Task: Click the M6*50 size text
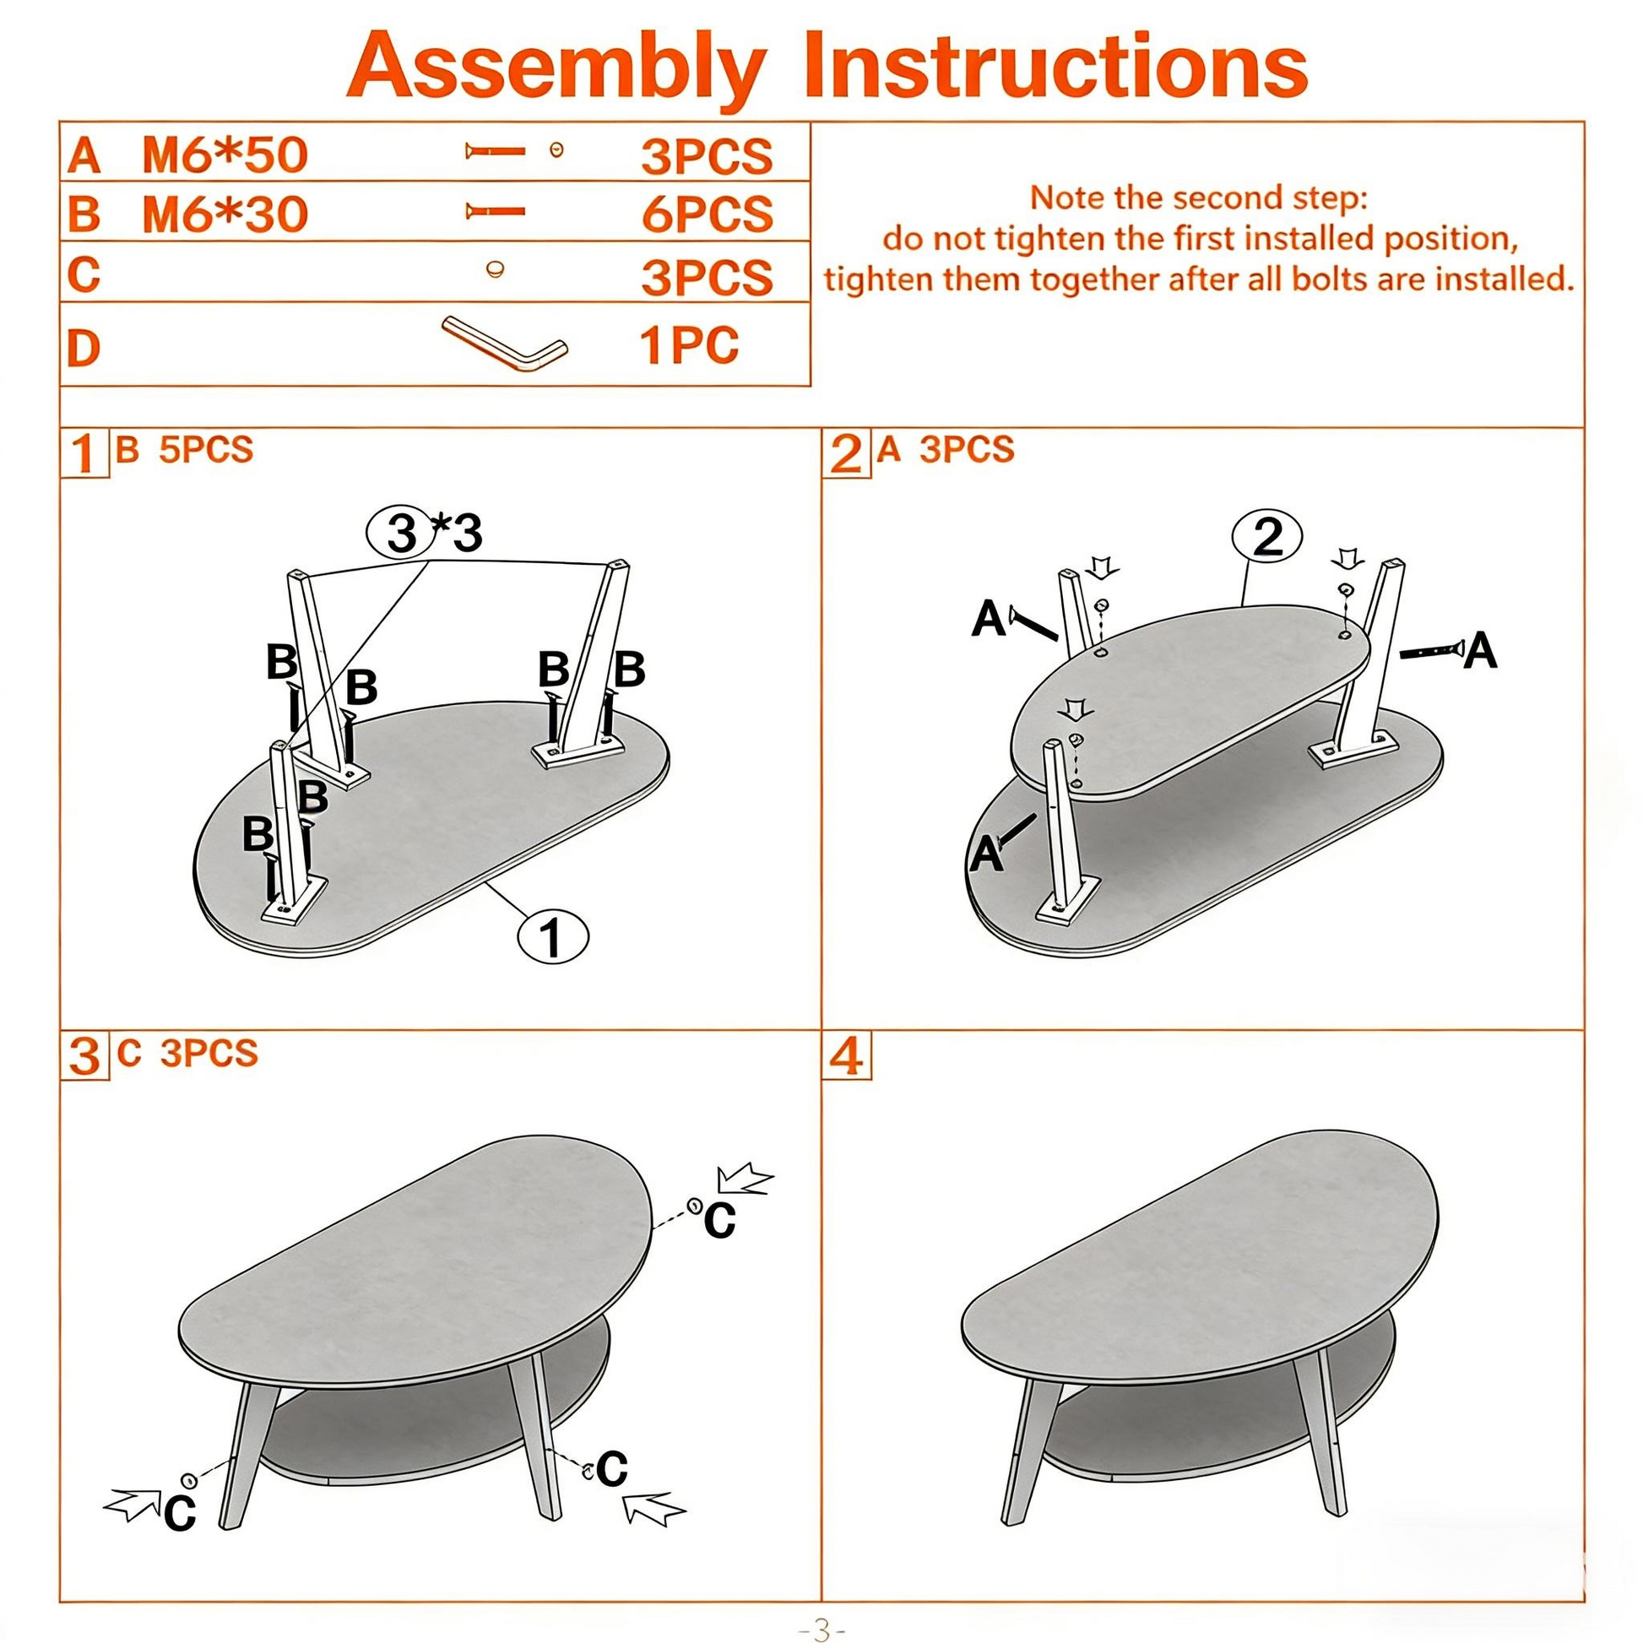[x=225, y=155]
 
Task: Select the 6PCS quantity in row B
[x=708, y=214]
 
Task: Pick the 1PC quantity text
[x=689, y=345]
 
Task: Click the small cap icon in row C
[x=495, y=269]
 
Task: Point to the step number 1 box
[x=84, y=453]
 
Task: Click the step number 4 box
[x=846, y=1056]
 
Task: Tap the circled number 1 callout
[x=553, y=936]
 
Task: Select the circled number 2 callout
[x=1267, y=537]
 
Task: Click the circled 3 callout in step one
[x=401, y=533]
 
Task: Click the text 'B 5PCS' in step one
[x=185, y=449]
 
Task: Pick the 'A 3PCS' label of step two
[x=946, y=449]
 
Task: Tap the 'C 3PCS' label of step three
[x=187, y=1053]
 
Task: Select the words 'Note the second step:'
[x=1199, y=198]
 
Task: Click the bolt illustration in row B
[x=495, y=211]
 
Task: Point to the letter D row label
[x=84, y=348]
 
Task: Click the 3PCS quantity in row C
[x=707, y=277]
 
